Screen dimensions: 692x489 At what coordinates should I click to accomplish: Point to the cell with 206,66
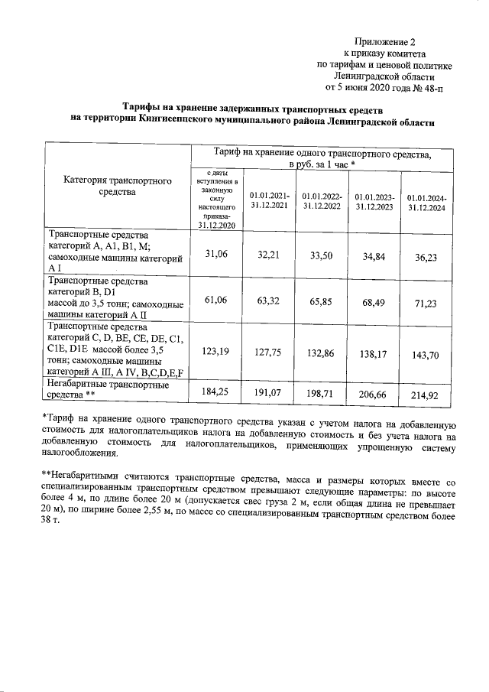pyautogui.click(x=374, y=395)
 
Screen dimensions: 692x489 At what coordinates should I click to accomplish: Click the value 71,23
pyautogui.click(x=426, y=304)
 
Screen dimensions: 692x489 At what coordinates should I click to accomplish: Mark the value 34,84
pyautogui.click(x=374, y=256)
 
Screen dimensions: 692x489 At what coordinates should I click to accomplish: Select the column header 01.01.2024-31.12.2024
pyautogui.click(x=427, y=203)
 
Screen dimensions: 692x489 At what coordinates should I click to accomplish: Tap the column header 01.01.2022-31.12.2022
pyautogui.click(x=323, y=201)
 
